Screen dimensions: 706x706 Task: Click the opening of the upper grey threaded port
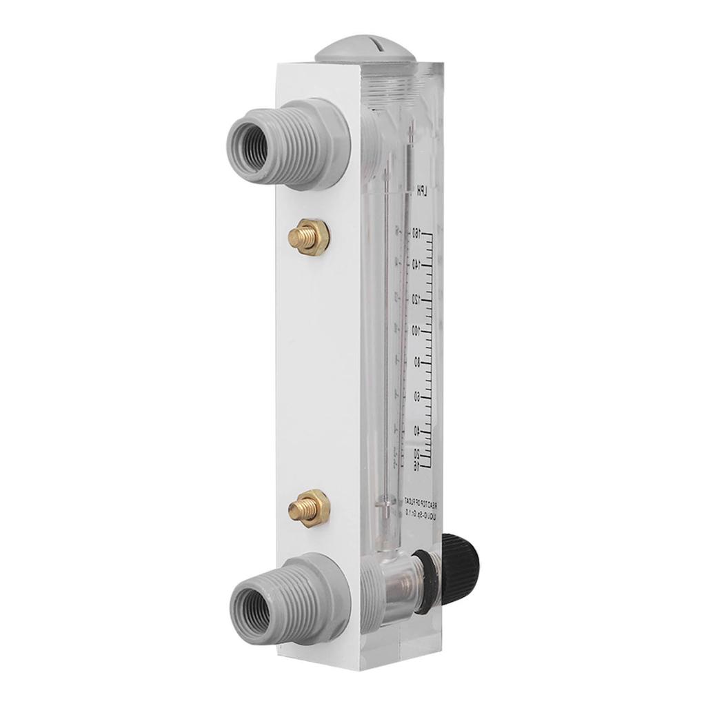tap(252, 147)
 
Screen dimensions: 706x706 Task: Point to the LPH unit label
tap(418, 190)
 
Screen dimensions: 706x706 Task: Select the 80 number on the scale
tap(418, 363)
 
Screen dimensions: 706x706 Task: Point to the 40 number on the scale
tap(418, 430)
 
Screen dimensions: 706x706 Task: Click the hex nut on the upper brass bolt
tap(314, 236)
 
